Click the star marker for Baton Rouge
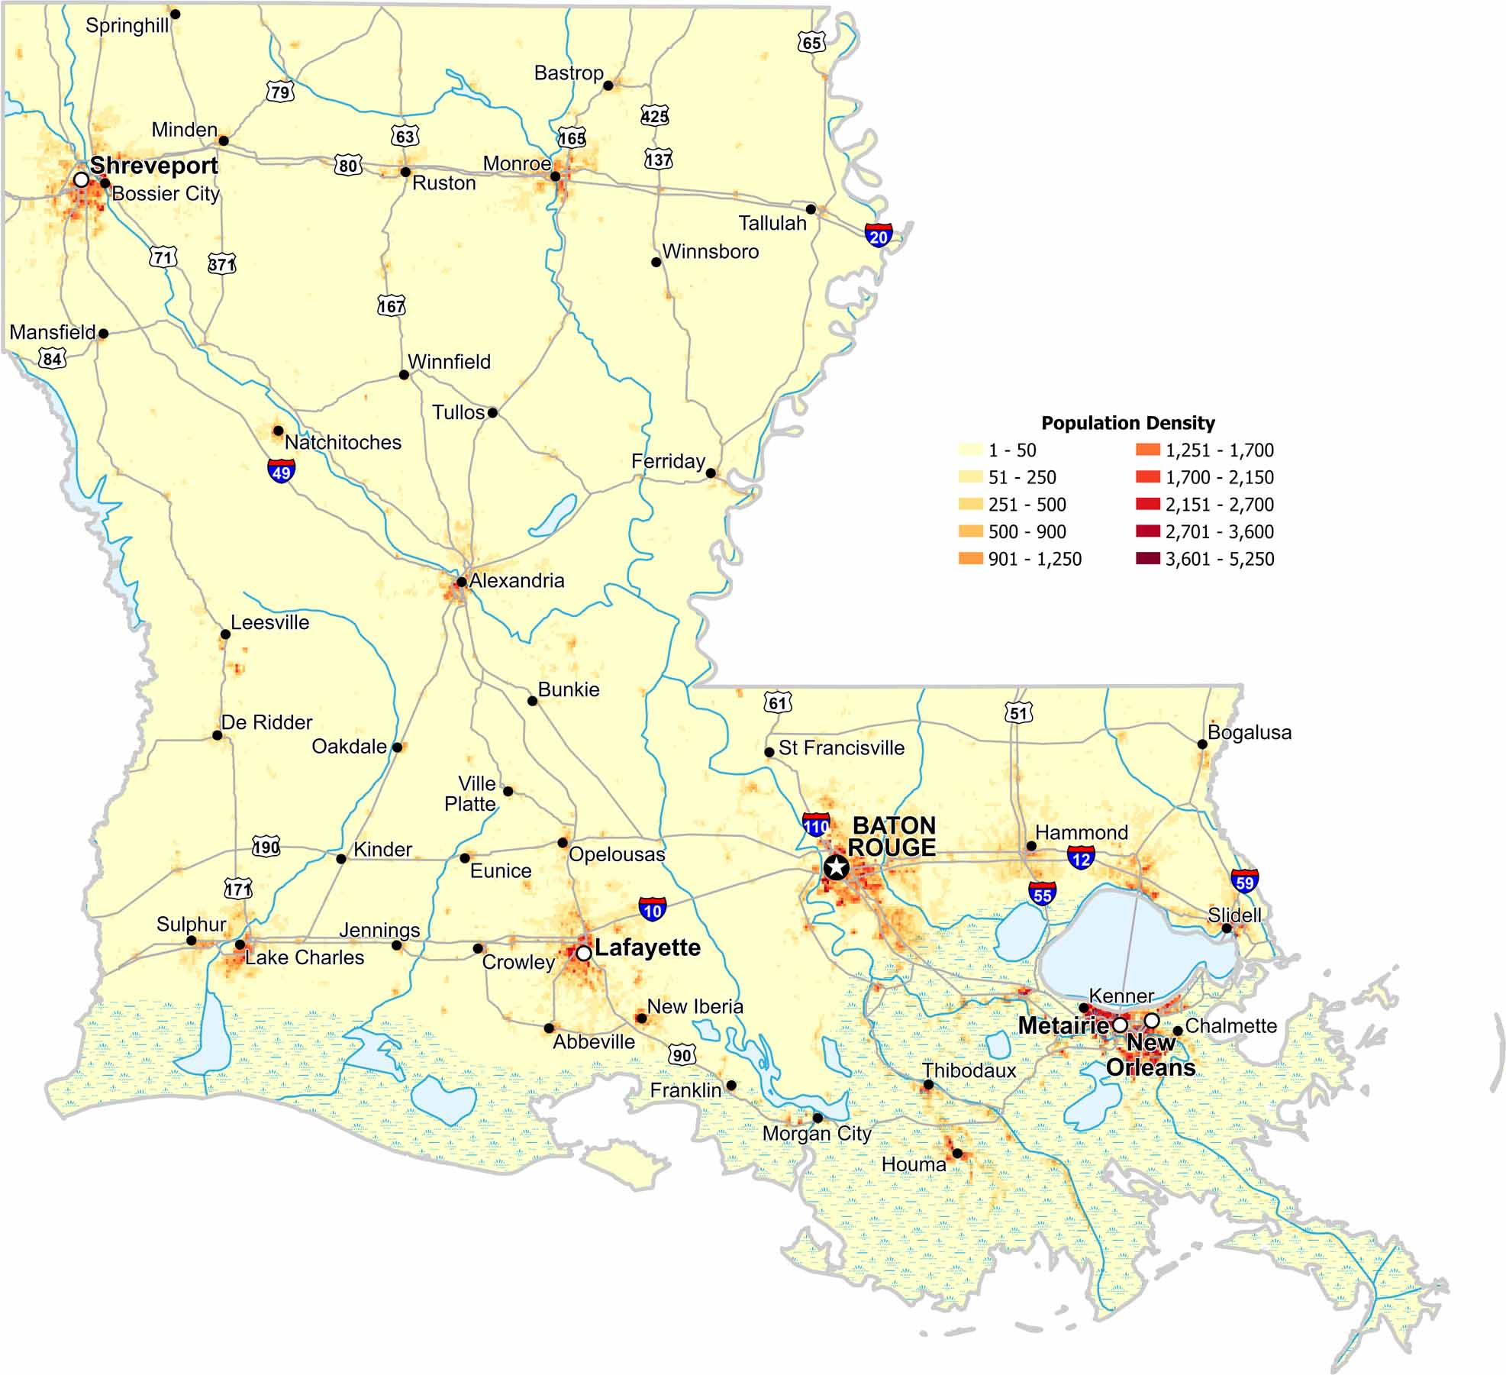pos(837,867)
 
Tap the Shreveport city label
pos(153,166)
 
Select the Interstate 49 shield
pos(281,471)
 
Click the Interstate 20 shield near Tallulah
pos(879,235)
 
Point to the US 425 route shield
pos(654,116)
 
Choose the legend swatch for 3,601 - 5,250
pos(1147,559)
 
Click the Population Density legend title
pos(1127,423)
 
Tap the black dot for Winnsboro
pos(656,262)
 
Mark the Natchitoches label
pos(343,442)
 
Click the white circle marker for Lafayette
pos(583,953)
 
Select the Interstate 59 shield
pos(1244,882)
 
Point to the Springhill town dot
pos(175,14)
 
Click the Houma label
pos(913,1164)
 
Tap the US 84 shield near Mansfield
pos(52,358)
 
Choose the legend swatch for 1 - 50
pos(970,450)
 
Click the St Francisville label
pos(841,747)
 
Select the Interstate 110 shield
pos(816,825)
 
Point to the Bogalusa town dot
pos(1202,744)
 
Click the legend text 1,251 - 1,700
pos(1219,450)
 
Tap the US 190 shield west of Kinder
pos(266,847)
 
